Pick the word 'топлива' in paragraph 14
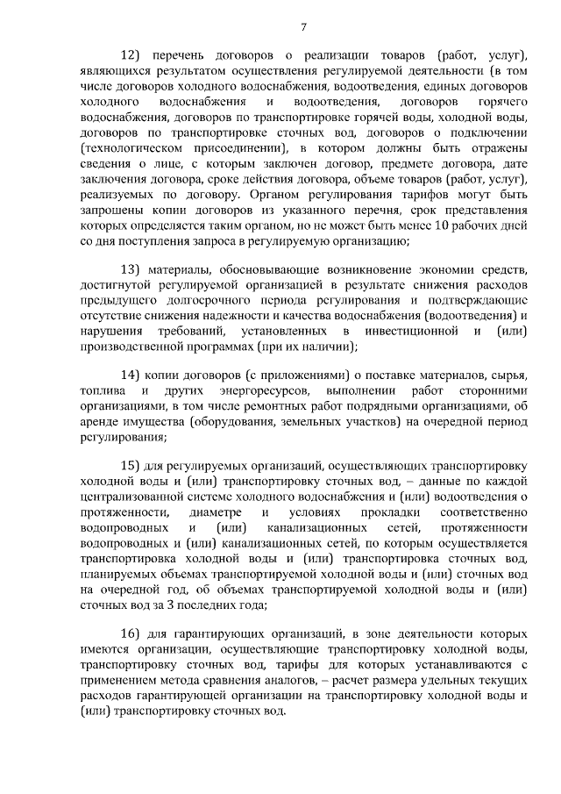click(x=100, y=389)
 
